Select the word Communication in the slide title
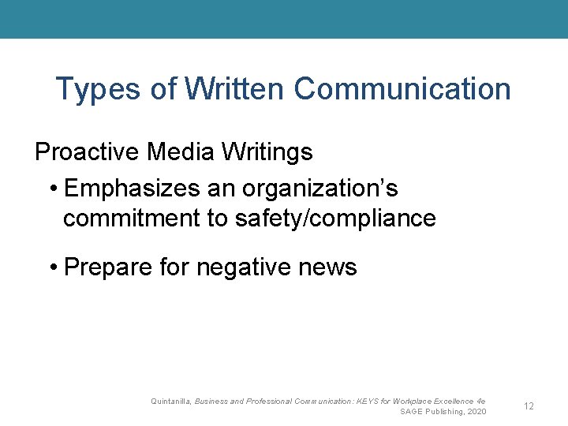(x=402, y=89)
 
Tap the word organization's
(x=320, y=189)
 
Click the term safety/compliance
(x=335, y=218)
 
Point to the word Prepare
(x=108, y=267)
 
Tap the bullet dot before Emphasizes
(x=52, y=189)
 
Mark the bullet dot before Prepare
(x=52, y=267)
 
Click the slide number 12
(x=529, y=406)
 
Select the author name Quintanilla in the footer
(x=170, y=402)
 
